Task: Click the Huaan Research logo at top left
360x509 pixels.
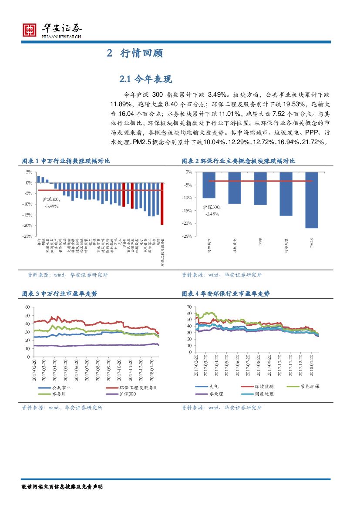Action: (52, 30)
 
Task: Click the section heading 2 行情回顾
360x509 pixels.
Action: (135, 54)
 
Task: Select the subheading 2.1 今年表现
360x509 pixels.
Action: (146, 79)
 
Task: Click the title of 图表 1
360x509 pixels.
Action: (66, 161)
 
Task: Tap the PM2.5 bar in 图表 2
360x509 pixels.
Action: (312, 200)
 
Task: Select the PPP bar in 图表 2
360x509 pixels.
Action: (260, 189)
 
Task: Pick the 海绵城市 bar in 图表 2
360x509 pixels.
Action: (209, 185)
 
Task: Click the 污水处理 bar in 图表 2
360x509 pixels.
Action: (286, 194)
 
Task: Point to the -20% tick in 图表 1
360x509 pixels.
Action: (27, 226)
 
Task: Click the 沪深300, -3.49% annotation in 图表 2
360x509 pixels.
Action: (212, 211)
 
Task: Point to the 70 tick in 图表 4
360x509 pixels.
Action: (189, 307)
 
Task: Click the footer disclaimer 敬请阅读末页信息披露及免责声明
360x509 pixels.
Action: (62, 486)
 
